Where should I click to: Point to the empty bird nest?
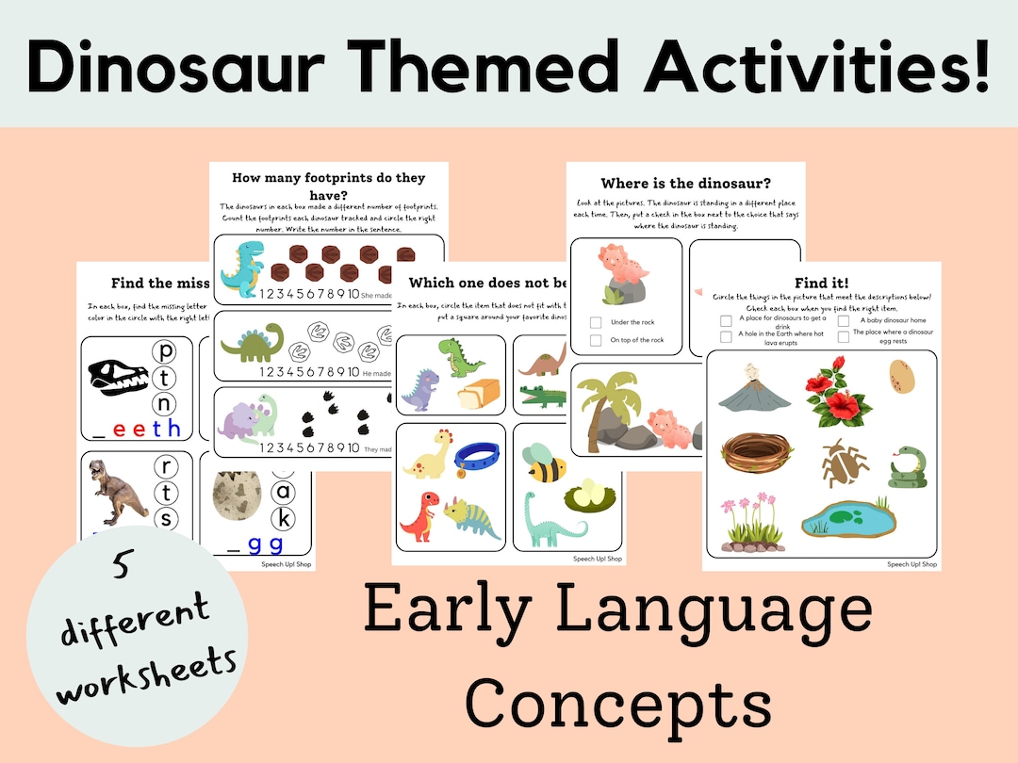click(x=749, y=456)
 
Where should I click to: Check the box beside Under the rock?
click(x=596, y=321)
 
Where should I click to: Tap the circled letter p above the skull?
click(x=166, y=352)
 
